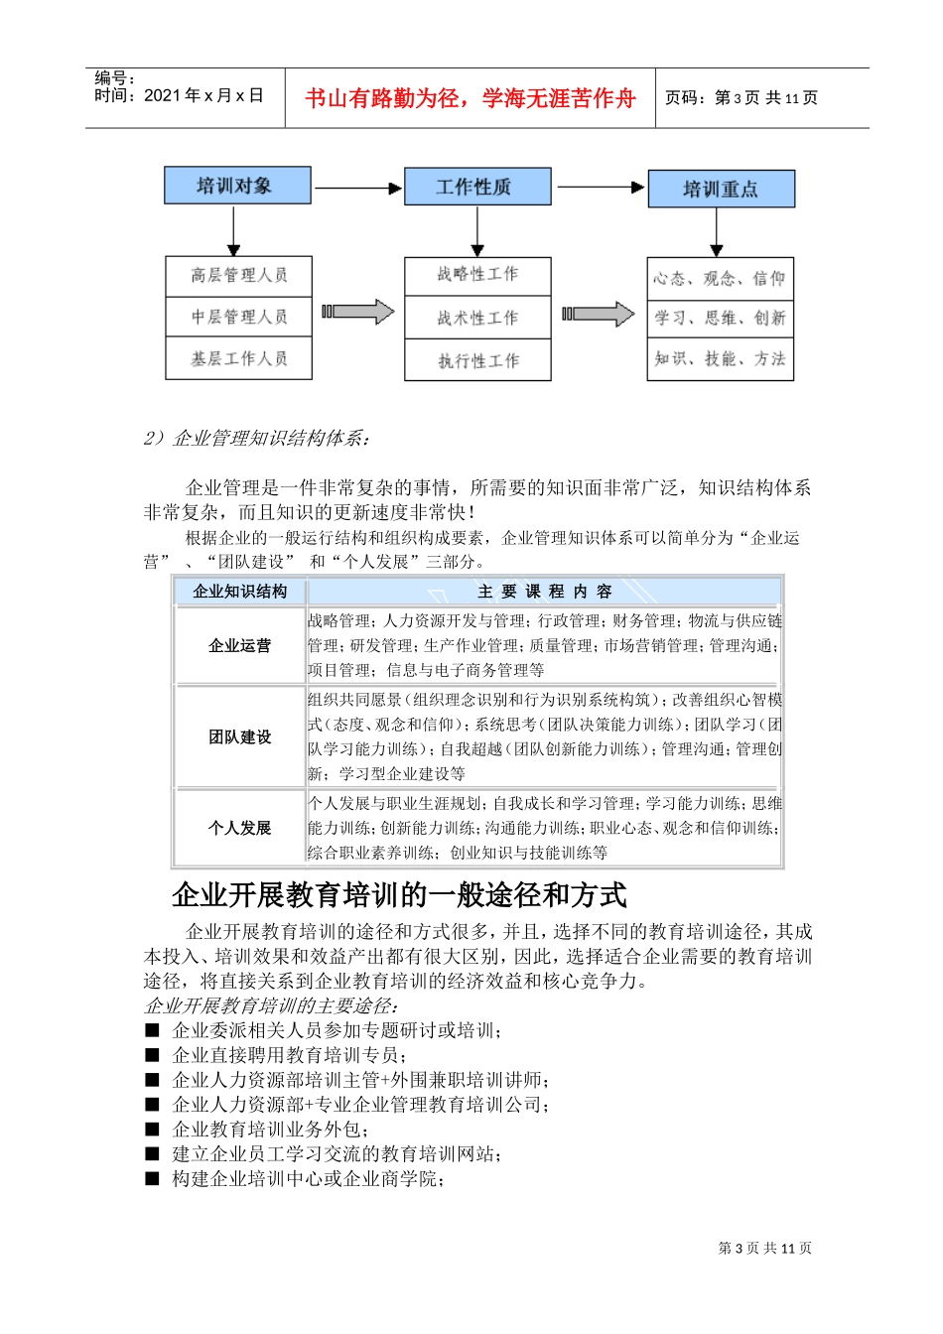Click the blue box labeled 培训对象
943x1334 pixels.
237,186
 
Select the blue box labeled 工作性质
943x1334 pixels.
476,187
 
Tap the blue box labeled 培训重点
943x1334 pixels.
721,189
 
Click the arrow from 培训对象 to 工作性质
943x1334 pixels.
357,188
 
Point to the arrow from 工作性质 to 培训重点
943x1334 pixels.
600,187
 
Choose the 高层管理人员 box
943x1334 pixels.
238,275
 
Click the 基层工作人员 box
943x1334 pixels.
238,358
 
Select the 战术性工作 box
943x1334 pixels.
477,318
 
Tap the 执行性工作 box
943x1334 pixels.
477,360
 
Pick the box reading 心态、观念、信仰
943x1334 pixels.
720,278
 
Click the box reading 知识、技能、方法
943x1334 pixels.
720,358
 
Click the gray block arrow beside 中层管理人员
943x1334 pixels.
357,313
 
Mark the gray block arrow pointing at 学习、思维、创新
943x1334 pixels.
599,315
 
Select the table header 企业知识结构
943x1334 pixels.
240,592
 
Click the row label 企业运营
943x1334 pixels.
240,646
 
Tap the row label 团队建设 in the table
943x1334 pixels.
240,737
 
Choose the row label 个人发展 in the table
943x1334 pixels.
240,828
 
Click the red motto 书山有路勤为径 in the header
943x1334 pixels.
470,98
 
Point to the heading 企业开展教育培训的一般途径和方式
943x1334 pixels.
399,895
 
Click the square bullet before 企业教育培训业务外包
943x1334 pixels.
152,1130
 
